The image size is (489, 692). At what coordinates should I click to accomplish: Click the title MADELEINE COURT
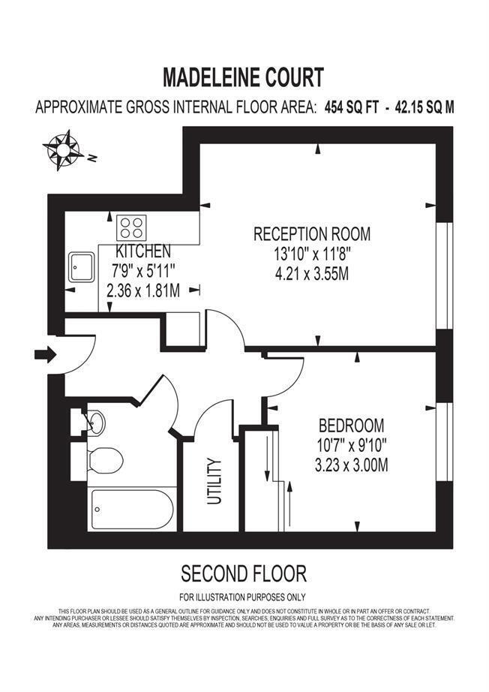(x=244, y=77)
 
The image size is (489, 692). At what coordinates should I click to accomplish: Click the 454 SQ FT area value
(x=350, y=107)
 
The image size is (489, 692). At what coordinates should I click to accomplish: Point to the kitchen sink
(x=81, y=267)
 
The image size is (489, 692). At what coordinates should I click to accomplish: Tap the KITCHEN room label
(x=142, y=251)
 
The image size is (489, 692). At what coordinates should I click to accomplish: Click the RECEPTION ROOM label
(x=311, y=233)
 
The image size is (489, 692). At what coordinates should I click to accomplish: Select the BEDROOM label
(x=351, y=426)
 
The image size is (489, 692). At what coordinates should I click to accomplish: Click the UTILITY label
(x=214, y=481)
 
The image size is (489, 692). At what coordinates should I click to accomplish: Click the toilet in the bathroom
(x=103, y=459)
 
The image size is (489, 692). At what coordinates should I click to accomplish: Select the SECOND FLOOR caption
(x=244, y=575)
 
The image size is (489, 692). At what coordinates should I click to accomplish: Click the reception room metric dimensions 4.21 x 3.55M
(x=311, y=274)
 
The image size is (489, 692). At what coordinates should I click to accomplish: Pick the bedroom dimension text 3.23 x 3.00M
(x=351, y=465)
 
